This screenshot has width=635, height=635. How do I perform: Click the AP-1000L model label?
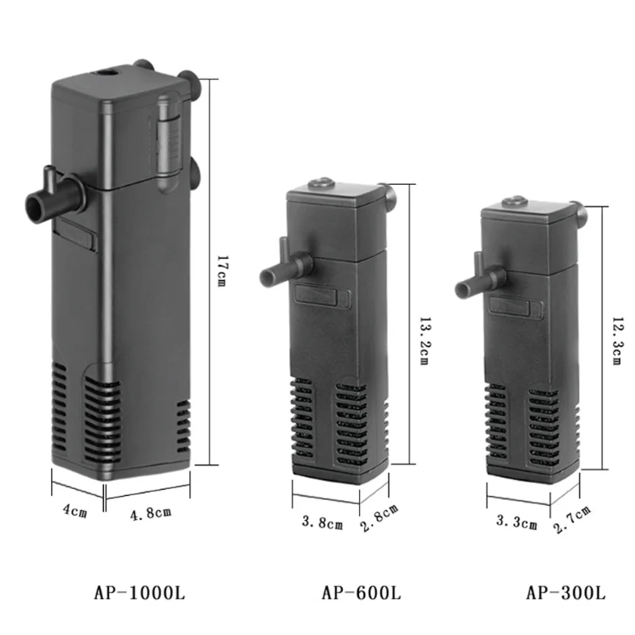click(140, 594)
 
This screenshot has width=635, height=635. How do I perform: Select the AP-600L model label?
click(361, 594)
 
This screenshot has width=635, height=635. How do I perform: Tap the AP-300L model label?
click(566, 594)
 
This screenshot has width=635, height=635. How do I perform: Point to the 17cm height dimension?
click(221, 271)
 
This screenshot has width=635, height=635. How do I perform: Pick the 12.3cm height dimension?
click(617, 341)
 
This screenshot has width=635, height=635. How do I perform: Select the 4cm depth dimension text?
click(75, 510)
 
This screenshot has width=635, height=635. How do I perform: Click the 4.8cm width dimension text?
click(151, 513)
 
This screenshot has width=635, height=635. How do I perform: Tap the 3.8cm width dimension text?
click(322, 522)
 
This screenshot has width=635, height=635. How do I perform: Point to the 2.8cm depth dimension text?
click(379, 518)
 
